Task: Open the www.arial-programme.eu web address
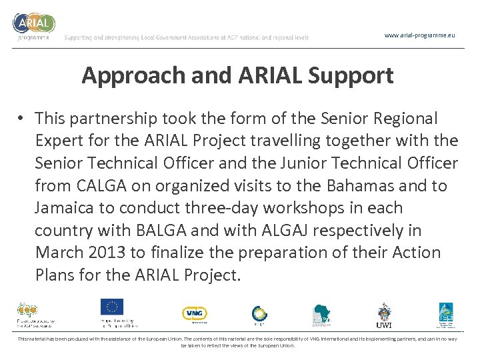tap(419, 35)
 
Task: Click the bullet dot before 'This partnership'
tap(21, 119)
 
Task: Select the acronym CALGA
tap(99, 186)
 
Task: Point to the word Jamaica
tap(64, 208)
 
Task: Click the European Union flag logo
tap(112, 307)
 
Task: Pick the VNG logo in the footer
tap(194, 313)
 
